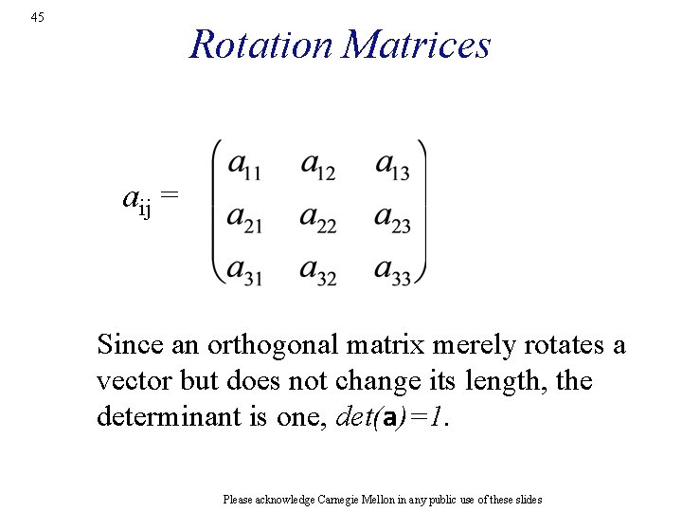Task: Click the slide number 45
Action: [x=37, y=17]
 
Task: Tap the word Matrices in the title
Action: [x=417, y=45]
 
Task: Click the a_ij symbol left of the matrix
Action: [x=137, y=200]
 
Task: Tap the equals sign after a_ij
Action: [x=169, y=195]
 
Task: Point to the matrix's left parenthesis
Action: [x=217, y=212]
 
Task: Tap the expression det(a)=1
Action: [x=390, y=417]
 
